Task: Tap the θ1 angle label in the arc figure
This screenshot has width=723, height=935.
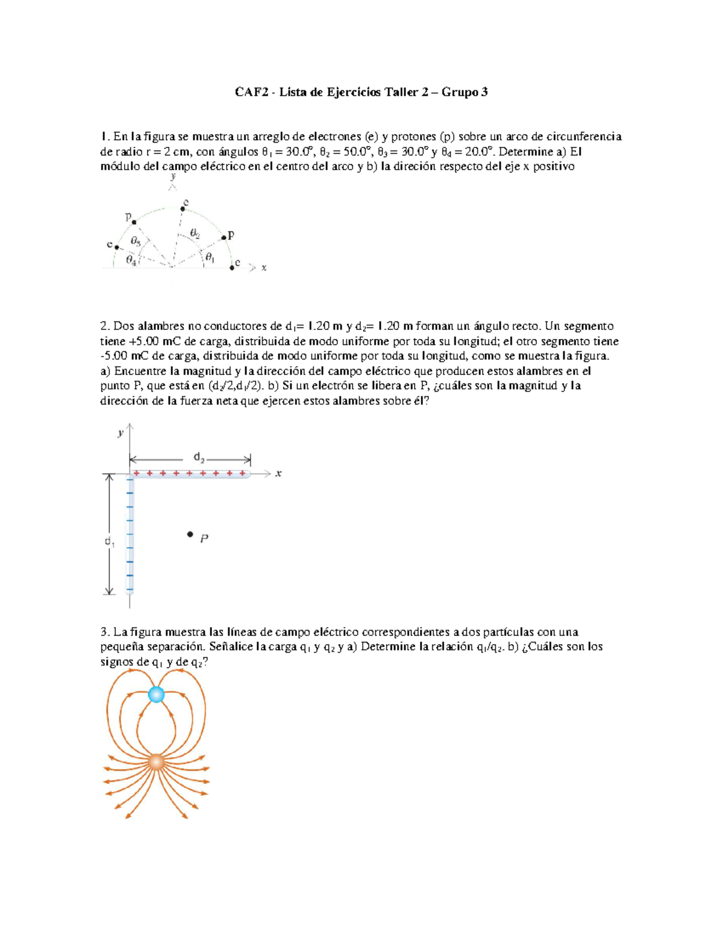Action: [209, 258]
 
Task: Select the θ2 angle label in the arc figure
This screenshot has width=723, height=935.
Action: [195, 233]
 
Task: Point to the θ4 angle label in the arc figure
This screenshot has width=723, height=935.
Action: [131, 260]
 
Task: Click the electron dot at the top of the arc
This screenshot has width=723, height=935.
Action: [183, 209]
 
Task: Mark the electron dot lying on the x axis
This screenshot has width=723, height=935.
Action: [232, 268]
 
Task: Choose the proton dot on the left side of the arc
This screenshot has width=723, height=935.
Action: [134, 222]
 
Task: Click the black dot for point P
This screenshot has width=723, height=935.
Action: [190, 534]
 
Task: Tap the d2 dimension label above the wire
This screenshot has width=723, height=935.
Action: [199, 458]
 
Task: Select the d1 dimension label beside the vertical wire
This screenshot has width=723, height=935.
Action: [109, 542]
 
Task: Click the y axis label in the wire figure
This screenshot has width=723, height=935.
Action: [121, 432]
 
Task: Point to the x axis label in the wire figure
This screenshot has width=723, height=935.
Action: [278, 474]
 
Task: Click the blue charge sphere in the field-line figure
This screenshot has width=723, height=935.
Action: [156, 695]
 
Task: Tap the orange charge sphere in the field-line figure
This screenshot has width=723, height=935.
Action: [156, 762]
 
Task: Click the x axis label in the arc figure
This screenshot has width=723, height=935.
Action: [264, 268]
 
